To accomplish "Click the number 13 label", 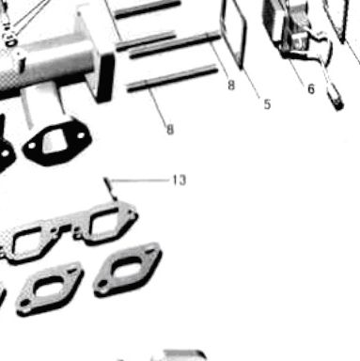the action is [180, 180].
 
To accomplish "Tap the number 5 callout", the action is [267, 104].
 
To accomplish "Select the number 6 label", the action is [310, 89].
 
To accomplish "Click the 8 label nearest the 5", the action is [231, 85].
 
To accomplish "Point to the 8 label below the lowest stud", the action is [170, 130].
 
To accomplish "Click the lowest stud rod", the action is [172, 78].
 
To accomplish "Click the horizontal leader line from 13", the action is [140, 180].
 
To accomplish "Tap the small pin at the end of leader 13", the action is [111, 189].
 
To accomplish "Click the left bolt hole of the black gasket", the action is [32, 146].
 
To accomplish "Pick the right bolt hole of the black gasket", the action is [81, 135].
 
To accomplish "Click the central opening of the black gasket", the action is [54, 143].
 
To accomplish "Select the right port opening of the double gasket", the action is [105, 224].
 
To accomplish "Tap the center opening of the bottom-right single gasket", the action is [128, 268].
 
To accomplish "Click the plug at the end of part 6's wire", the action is [337, 100].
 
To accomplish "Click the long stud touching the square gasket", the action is [175, 45].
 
